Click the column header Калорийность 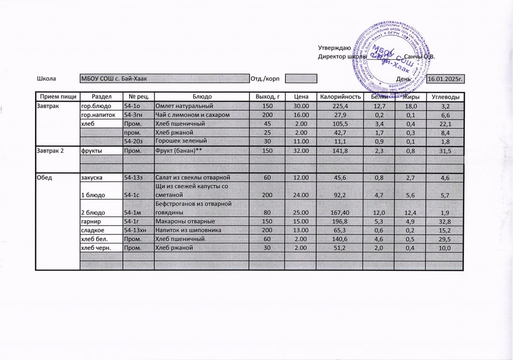click(x=341, y=96)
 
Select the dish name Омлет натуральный click(x=185, y=107)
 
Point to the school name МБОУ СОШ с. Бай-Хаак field click(x=165, y=79)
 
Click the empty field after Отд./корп click(x=302, y=79)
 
